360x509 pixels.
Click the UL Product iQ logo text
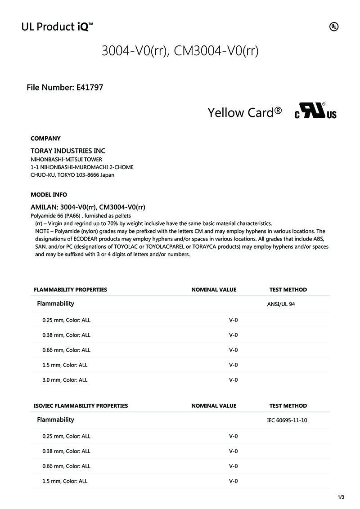click(x=57, y=27)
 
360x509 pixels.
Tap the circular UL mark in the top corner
click(x=334, y=27)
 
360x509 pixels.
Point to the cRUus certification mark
click(x=315, y=111)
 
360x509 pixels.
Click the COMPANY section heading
click(x=45, y=138)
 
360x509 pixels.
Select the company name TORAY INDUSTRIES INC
click(x=68, y=151)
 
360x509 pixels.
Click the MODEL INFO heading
click(x=49, y=195)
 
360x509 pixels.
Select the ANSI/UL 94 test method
click(x=281, y=304)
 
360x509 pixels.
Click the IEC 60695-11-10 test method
click(x=287, y=420)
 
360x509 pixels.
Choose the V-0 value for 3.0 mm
click(x=233, y=380)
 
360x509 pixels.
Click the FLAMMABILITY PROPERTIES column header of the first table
click(x=70, y=290)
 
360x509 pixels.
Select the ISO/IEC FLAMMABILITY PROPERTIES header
click(x=81, y=406)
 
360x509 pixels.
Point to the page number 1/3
click(x=341, y=497)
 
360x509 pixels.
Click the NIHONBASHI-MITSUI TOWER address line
click(x=66, y=160)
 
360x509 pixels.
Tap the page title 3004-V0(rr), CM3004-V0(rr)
click(x=180, y=51)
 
